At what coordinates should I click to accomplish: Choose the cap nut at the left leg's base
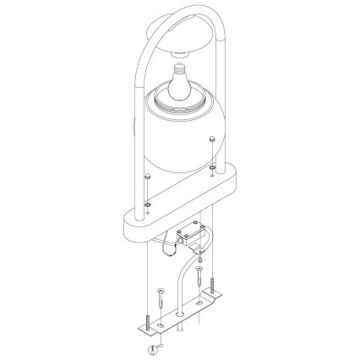click(148, 177)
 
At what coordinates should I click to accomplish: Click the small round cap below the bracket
click(153, 348)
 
